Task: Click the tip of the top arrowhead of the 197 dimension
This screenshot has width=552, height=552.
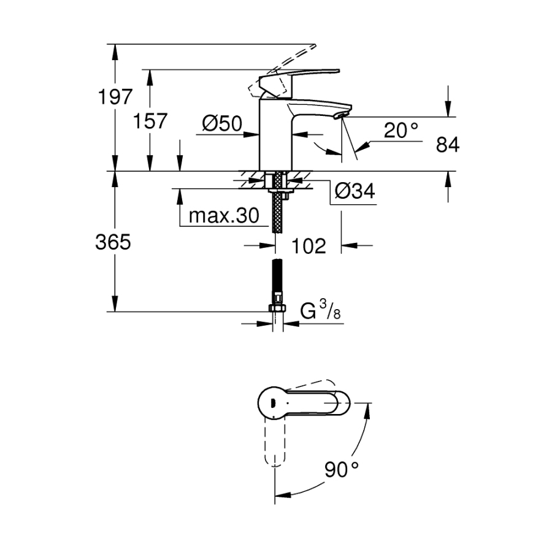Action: pos(115,44)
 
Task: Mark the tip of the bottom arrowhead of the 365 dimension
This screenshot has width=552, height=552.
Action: pos(115,312)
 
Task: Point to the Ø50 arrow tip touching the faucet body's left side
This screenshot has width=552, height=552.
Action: pos(259,134)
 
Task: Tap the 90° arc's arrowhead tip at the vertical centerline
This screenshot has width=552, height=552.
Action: pos(275,495)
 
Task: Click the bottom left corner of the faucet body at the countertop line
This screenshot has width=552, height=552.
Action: pos(259,171)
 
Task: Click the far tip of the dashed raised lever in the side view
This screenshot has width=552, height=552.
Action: pos(316,45)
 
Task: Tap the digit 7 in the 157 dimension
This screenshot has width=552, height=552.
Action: pos(160,121)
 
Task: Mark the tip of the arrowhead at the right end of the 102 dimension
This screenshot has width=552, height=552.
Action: pos(341,245)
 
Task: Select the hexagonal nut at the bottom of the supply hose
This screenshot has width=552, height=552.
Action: pos(277,309)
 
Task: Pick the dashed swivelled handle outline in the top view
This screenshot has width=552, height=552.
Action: pos(275,443)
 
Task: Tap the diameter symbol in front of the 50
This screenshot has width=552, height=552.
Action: pos(210,123)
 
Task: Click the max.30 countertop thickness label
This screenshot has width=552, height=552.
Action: pos(224,215)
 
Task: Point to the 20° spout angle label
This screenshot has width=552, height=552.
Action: pos(401,130)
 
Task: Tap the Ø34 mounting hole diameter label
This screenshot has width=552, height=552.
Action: pos(355,191)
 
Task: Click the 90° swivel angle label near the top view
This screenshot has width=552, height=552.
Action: pos(342,470)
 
